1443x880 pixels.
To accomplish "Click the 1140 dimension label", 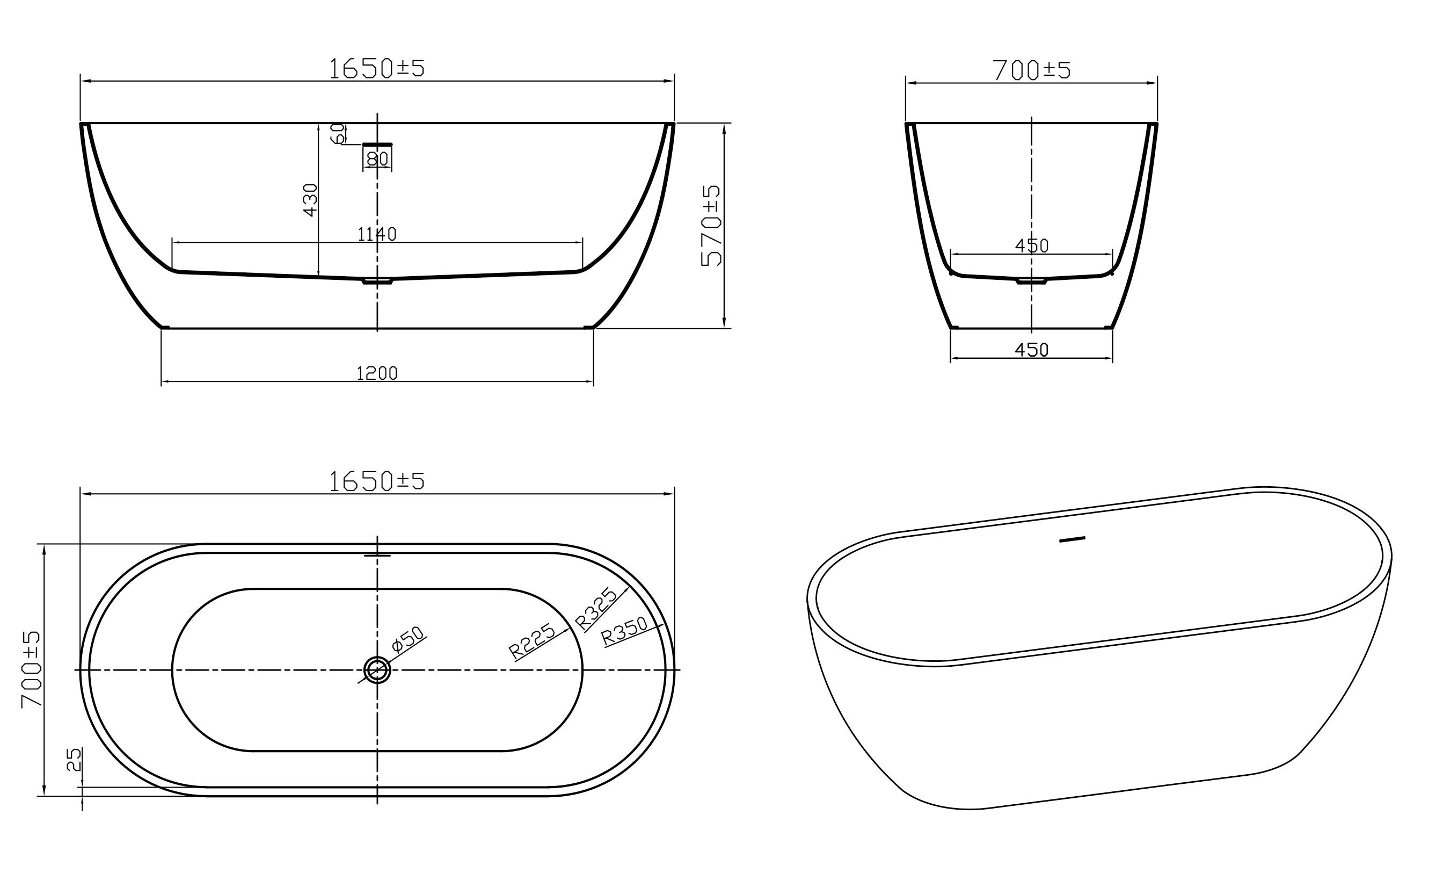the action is [x=377, y=234].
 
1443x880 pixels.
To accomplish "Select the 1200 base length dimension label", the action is [x=377, y=373].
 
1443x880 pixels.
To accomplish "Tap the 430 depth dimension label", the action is [x=310, y=200].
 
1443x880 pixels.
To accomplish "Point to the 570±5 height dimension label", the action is [x=711, y=226].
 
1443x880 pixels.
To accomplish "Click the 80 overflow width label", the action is [x=378, y=159].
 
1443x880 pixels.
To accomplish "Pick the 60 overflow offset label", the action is [x=337, y=134].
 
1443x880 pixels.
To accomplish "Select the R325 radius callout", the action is [x=596, y=609].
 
